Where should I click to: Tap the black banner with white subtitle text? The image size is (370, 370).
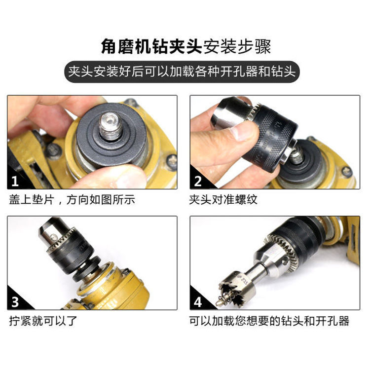click(185, 72)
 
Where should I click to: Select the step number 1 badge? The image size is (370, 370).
click(15, 181)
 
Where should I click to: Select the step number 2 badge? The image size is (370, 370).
click(198, 181)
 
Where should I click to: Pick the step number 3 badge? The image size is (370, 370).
click(15, 302)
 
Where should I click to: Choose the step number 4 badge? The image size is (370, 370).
click(198, 302)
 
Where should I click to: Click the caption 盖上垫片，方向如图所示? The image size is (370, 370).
click(72, 200)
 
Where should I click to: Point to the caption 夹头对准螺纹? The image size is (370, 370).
click(223, 200)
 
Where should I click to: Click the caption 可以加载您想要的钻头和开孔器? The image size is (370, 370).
click(269, 321)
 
